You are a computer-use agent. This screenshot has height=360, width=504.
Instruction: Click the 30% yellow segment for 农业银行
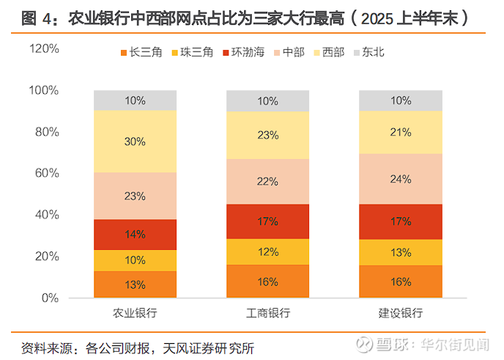(135, 142)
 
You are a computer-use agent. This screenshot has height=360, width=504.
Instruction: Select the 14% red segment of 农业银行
(135, 235)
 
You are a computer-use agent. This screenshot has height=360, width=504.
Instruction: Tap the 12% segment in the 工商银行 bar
(268, 251)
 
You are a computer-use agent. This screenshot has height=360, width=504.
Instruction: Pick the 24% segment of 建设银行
(401, 178)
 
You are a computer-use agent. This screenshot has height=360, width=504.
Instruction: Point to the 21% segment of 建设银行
(401, 132)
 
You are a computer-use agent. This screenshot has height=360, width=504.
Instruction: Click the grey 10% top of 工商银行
(268, 100)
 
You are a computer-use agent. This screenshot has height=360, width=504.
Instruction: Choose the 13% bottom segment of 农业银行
(135, 284)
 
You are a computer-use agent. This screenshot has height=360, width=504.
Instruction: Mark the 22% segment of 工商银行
(268, 181)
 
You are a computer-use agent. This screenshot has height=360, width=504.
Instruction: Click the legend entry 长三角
(139, 52)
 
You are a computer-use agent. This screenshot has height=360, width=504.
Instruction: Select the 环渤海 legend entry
(245, 52)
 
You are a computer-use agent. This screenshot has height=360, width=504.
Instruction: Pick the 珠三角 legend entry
(191, 52)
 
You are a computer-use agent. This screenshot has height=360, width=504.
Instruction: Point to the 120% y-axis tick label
(44, 48)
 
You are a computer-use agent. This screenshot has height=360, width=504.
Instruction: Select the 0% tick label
(50, 298)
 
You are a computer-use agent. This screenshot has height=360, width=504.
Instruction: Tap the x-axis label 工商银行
(268, 314)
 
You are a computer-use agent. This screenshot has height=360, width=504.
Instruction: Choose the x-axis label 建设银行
(401, 314)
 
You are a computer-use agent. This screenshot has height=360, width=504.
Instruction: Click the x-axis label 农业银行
(135, 314)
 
